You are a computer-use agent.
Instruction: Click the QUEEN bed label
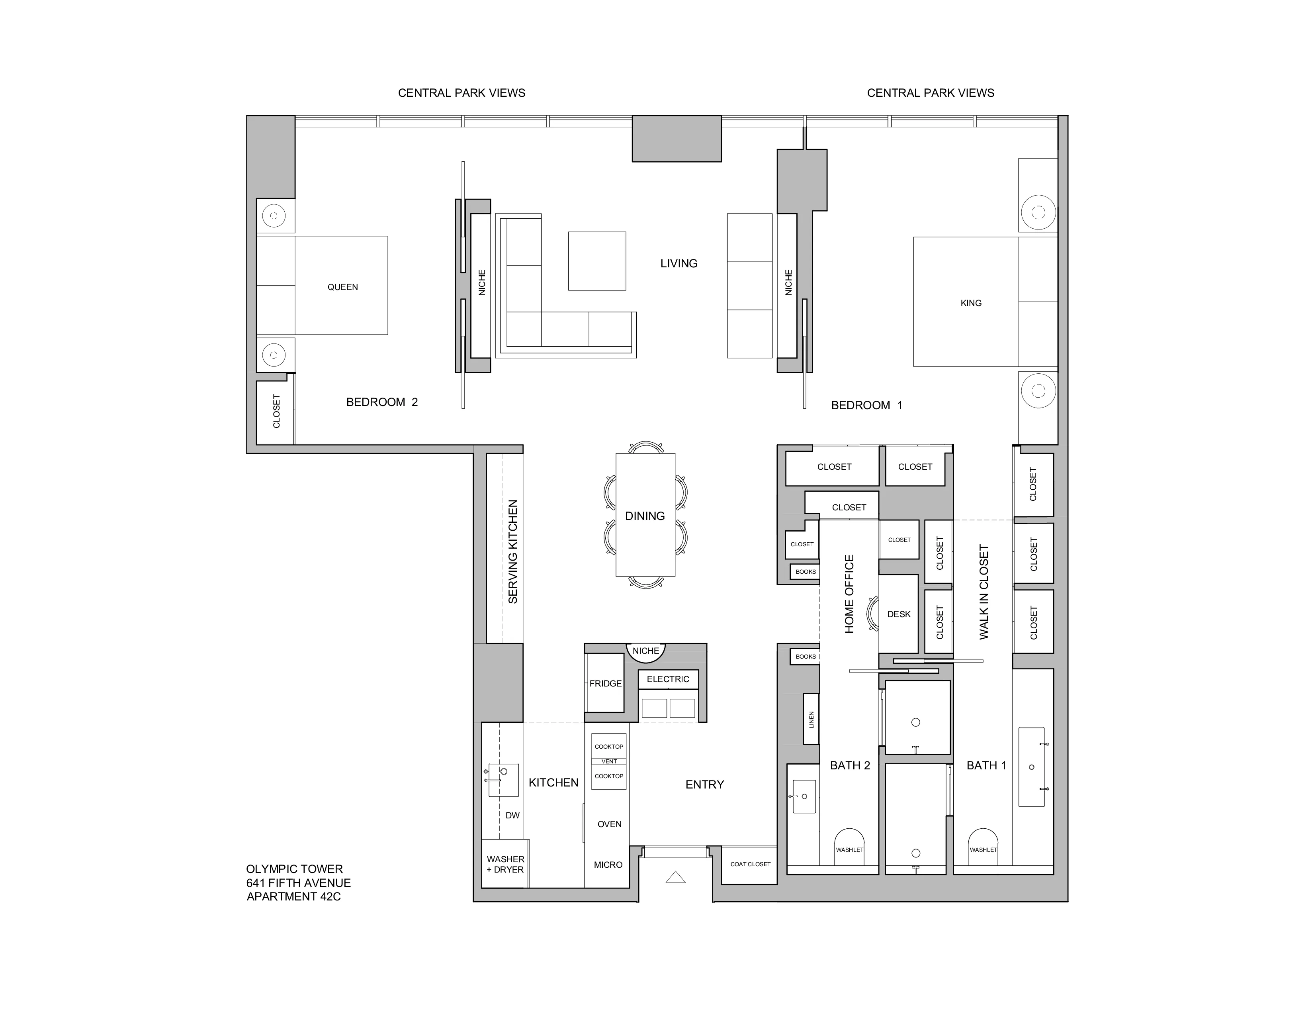click(342, 287)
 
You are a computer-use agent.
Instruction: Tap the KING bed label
click(970, 303)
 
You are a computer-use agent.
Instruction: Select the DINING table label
click(644, 516)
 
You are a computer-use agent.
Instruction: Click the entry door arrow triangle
click(676, 878)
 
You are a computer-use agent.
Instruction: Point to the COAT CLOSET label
click(750, 864)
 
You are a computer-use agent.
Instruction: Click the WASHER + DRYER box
click(505, 864)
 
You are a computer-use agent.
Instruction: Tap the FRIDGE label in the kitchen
click(605, 683)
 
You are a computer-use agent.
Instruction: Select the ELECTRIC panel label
click(667, 679)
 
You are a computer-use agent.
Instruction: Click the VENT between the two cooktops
click(609, 761)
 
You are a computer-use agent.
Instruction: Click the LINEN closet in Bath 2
click(811, 719)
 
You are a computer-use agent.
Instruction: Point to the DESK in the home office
click(899, 614)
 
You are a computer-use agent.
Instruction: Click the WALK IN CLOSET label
click(984, 592)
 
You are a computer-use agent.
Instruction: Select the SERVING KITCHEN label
click(512, 551)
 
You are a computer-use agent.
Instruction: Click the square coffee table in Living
click(597, 261)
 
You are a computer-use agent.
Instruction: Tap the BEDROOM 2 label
click(381, 402)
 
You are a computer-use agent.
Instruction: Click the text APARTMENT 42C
click(293, 896)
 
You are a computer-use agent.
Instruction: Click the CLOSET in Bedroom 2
click(276, 411)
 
